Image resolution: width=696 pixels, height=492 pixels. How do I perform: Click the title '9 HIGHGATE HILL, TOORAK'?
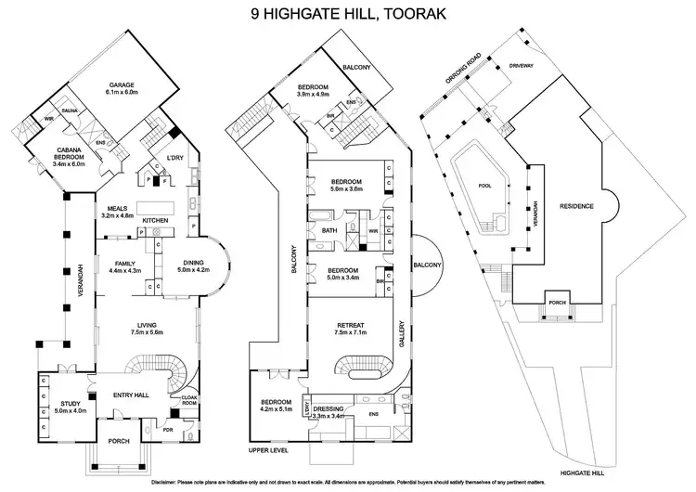(348, 14)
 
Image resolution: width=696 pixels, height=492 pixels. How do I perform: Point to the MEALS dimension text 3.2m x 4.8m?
(118, 215)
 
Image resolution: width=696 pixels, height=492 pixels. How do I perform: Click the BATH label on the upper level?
(329, 229)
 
